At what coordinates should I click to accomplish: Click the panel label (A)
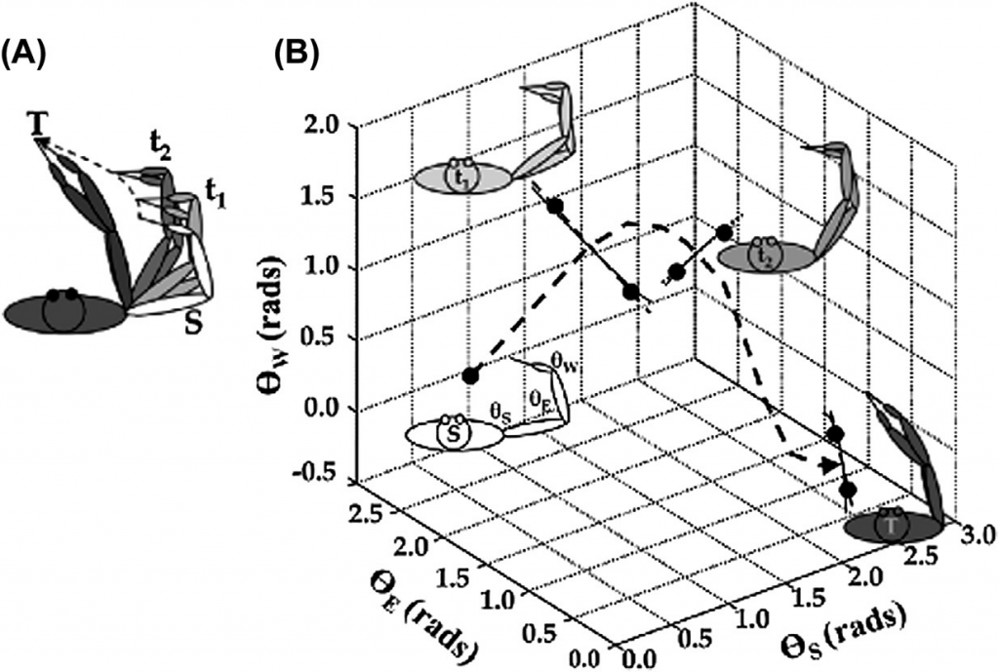tap(23, 56)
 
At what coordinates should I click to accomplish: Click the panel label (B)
tap(297, 55)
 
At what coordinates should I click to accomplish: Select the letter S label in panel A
tap(194, 321)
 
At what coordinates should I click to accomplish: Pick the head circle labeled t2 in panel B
tap(767, 255)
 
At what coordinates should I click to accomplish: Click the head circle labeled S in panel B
tap(453, 434)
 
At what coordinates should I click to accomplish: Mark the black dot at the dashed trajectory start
tap(470, 376)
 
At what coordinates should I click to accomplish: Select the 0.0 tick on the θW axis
tap(324, 409)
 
